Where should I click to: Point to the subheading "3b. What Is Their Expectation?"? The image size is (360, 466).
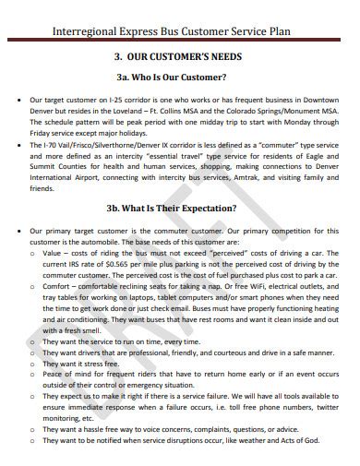coord(180,208)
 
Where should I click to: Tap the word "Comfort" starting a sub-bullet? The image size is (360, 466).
coord(59,286)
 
